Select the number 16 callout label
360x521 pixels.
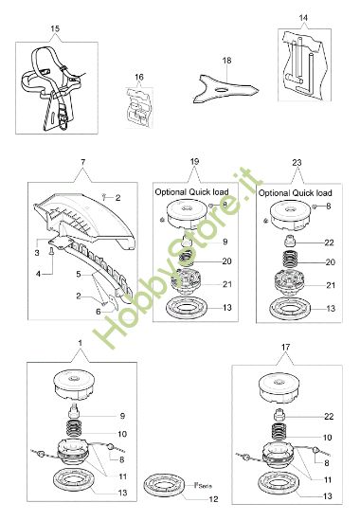(139, 77)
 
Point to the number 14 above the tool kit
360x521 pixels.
(303, 18)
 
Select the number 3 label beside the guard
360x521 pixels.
(36, 253)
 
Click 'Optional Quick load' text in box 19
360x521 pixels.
(194, 191)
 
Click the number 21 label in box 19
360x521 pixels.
(225, 285)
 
